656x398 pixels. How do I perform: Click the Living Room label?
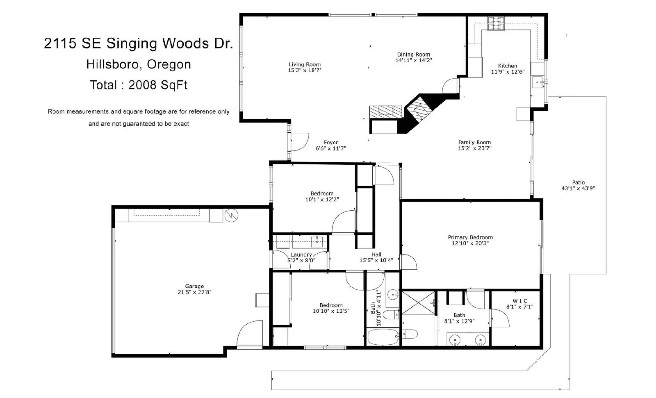(305, 64)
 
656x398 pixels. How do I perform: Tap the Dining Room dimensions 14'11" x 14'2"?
(414, 60)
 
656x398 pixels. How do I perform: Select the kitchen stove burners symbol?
(496, 24)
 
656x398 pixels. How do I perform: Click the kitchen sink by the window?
(538, 82)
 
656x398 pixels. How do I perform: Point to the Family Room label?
(474, 142)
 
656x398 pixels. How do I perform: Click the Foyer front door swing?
(300, 142)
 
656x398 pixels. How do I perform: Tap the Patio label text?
(579, 182)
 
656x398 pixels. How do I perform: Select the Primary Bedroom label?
(470, 237)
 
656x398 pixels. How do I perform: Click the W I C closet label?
(520, 301)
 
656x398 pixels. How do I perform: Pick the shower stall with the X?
(418, 303)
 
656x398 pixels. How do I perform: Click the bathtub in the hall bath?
(383, 337)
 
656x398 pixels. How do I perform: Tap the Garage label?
(194, 286)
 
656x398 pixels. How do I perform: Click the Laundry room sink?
(317, 242)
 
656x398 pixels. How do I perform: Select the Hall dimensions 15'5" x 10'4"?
(377, 260)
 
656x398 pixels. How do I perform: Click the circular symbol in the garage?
(231, 216)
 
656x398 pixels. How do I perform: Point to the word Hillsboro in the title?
(112, 64)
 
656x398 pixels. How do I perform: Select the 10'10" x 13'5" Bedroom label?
(331, 308)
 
